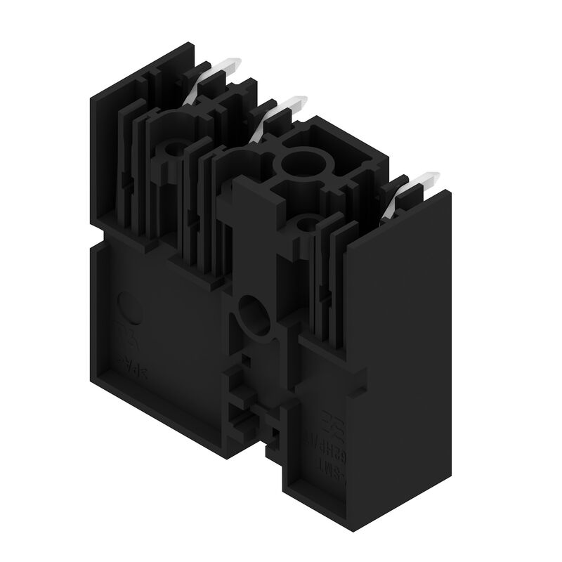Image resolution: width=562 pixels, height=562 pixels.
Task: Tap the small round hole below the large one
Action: pyautogui.click(x=306, y=225)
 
